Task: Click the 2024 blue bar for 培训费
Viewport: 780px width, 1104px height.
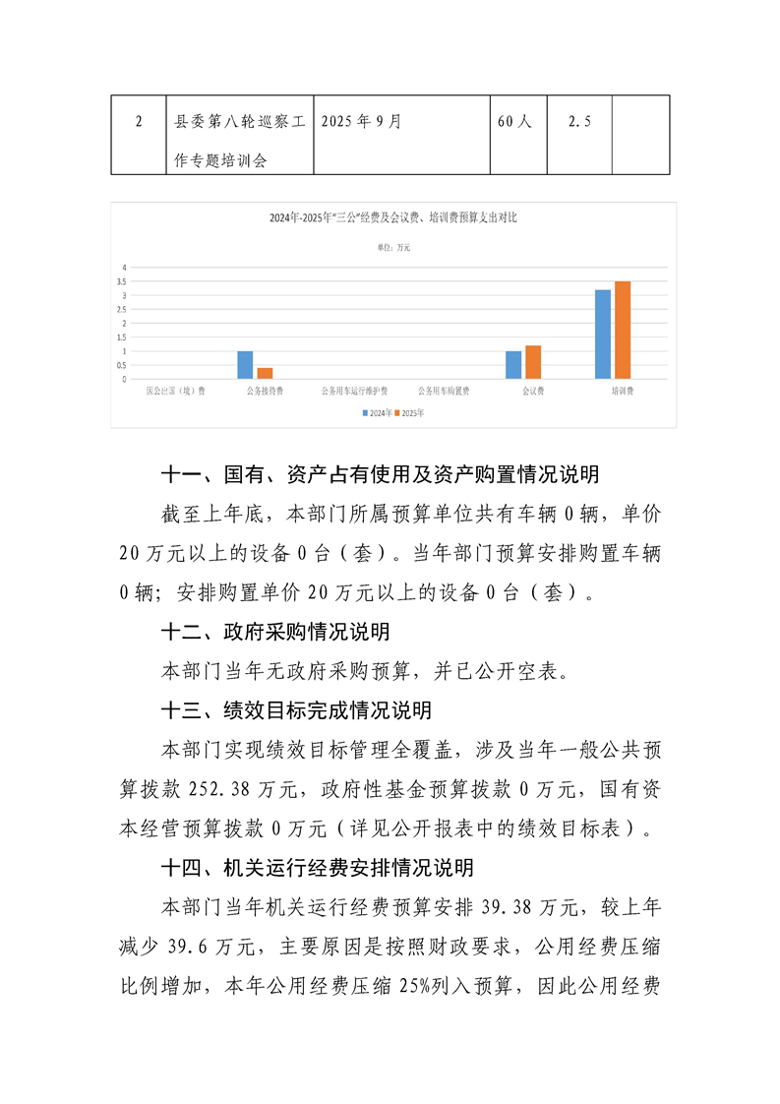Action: click(x=603, y=334)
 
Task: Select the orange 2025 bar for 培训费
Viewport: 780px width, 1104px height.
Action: click(x=622, y=330)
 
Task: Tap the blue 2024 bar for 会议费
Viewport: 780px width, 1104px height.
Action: click(x=513, y=364)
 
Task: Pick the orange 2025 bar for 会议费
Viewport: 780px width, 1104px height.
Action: click(x=532, y=361)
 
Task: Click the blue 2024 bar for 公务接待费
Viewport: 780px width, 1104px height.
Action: click(x=245, y=364)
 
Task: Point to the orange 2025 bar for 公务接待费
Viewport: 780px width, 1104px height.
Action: click(x=265, y=373)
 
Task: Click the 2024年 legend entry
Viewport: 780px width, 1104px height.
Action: click(x=377, y=413)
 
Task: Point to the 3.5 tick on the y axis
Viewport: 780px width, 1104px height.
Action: click(x=124, y=281)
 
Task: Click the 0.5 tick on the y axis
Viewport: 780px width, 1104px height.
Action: click(x=124, y=365)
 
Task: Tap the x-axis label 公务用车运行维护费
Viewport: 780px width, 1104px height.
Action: click(x=354, y=391)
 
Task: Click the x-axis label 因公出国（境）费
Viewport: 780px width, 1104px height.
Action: click(x=175, y=391)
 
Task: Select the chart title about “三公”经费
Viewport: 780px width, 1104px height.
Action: click(x=393, y=218)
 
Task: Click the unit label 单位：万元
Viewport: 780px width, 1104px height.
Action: click(x=393, y=248)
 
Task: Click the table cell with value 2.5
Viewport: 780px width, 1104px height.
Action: click(x=579, y=122)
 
